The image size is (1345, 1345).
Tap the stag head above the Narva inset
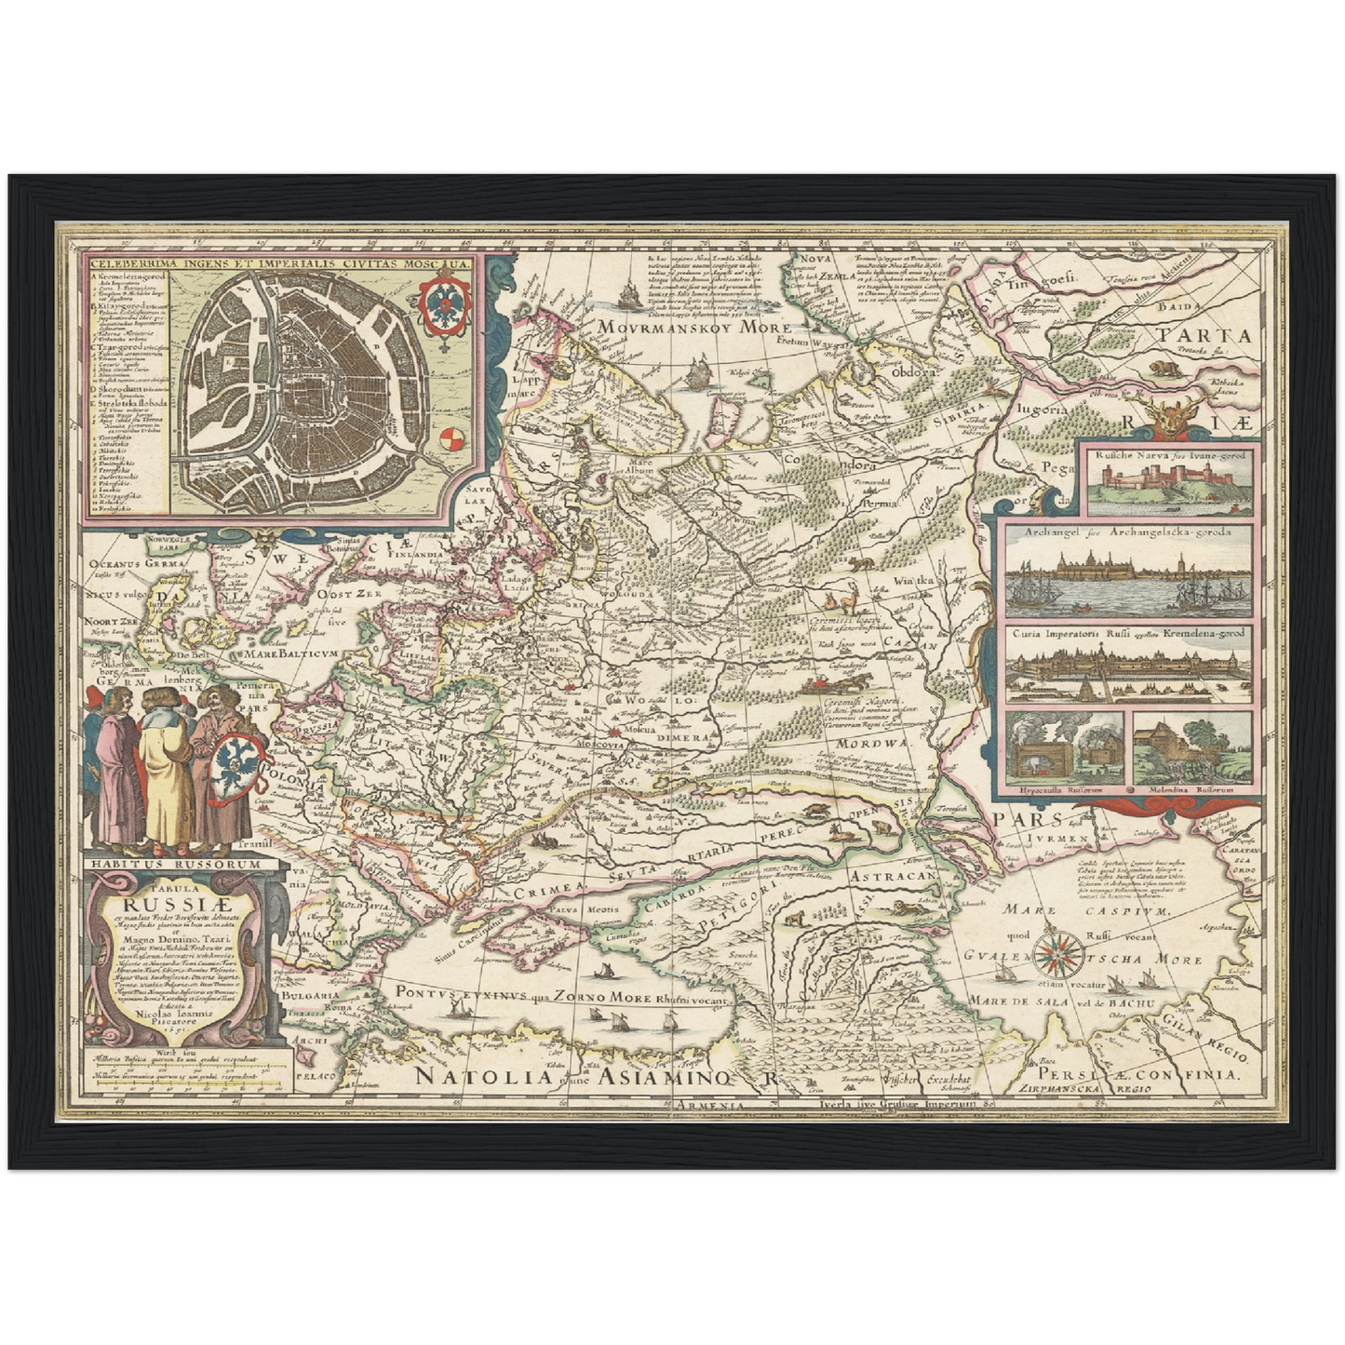[1170, 415]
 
